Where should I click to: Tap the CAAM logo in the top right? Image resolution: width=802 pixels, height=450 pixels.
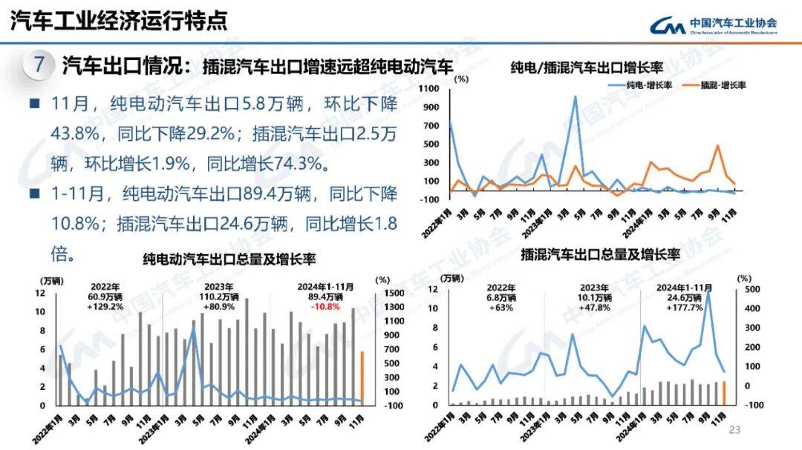pyautogui.click(x=713, y=26)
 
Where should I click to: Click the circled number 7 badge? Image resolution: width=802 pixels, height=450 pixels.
pyautogui.click(x=39, y=64)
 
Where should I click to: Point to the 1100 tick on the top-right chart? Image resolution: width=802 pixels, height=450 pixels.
pyautogui.click(x=431, y=88)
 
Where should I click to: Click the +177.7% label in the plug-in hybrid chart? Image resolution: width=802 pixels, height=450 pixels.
pyautogui.click(x=685, y=307)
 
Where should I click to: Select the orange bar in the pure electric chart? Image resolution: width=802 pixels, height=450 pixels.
pyautogui.click(x=362, y=378)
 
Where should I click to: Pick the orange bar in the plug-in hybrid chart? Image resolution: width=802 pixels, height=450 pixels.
pyautogui.click(x=724, y=394)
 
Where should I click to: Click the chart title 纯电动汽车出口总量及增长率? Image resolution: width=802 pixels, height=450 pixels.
pyautogui.click(x=229, y=259)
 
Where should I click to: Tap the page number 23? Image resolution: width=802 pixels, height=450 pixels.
pyautogui.click(x=735, y=430)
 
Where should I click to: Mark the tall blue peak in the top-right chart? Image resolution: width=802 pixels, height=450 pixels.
pyautogui.click(x=574, y=96)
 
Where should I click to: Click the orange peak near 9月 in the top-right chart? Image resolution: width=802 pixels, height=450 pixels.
pyautogui.click(x=717, y=145)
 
